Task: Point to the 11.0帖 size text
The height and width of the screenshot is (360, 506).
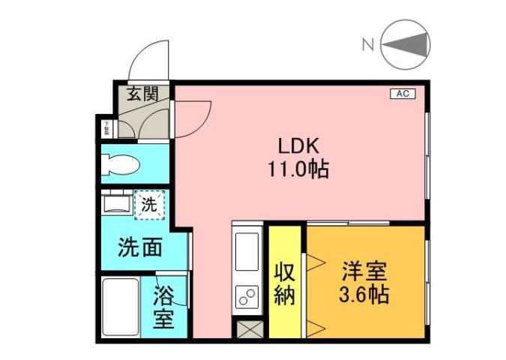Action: (x=298, y=169)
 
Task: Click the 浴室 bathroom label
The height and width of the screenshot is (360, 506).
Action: (x=164, y=307)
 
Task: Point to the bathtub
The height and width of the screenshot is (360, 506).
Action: (x=119, y=307)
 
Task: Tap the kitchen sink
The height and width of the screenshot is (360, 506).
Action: (x=246, y=251)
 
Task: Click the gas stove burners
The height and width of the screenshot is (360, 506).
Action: (x=246, y=298)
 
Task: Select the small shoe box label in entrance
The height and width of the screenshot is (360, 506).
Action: (x=106, y=127)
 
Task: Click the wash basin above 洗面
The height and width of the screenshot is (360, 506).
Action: (x=117, y=203)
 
